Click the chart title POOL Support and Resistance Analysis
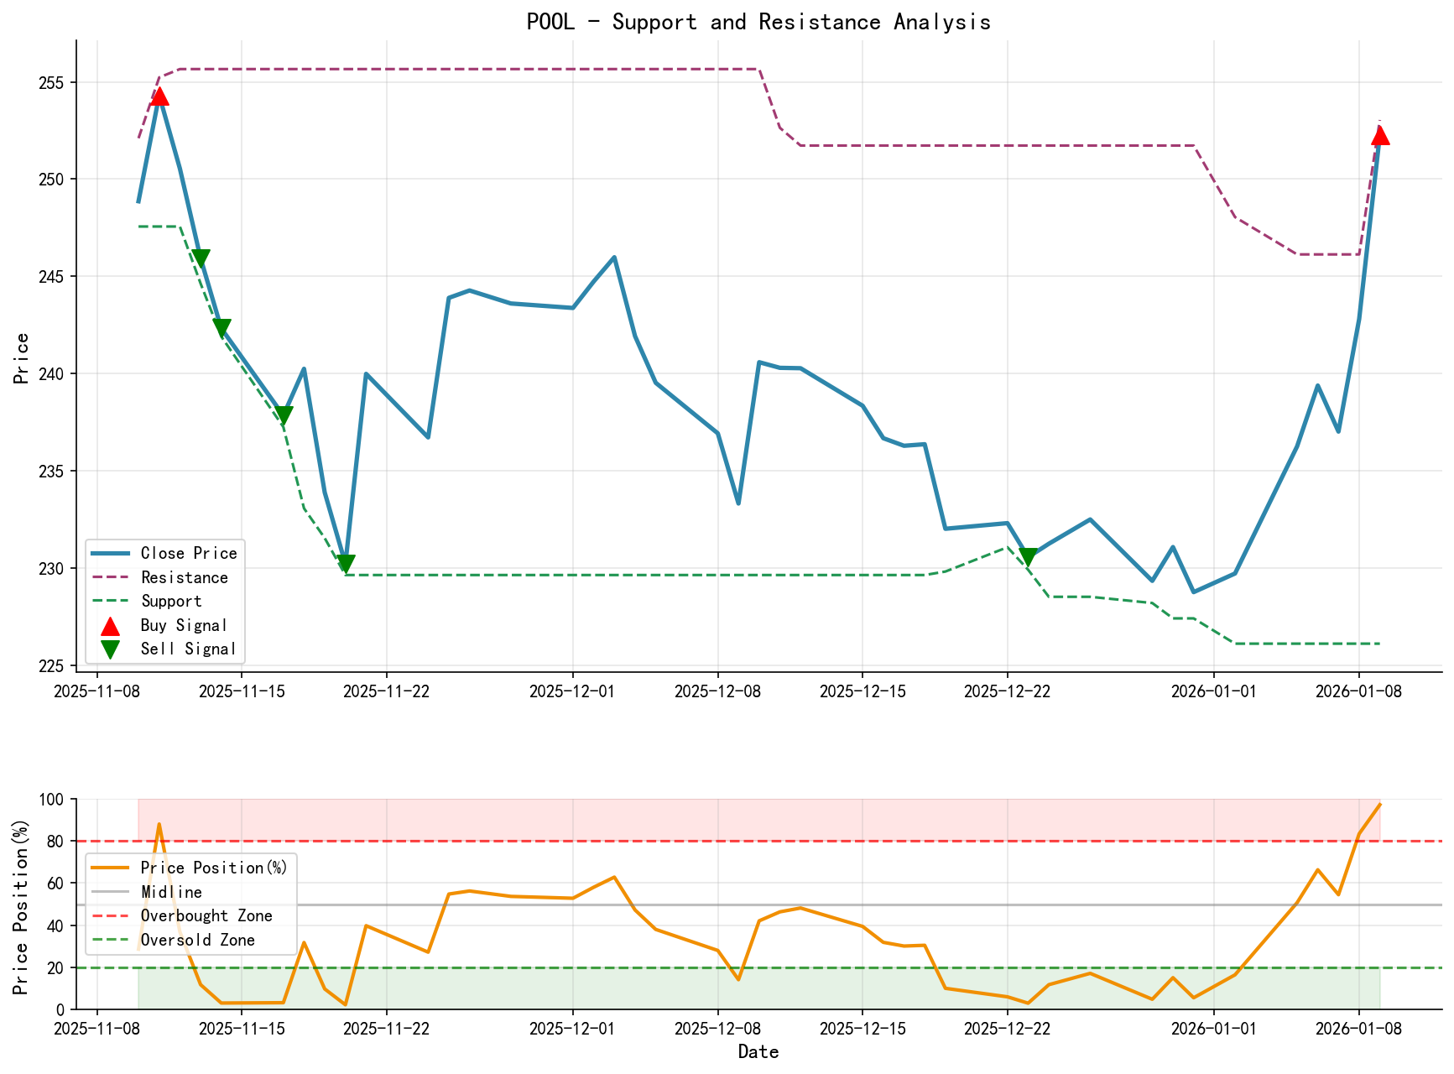pyautogui.click(x=758, y=22)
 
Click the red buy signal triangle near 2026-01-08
pyautogui.click(x=1379, y=135)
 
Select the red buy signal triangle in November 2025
pyautogui.click(x=159, y=96)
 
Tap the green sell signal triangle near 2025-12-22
pyautogui.click(x=1028, y=557)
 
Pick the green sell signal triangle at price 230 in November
pyautogui.click(x=346, y=563)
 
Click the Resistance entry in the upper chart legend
pyautogui.click(x=184, y=577)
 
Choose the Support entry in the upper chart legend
pyautogui.click(x=171, y=601)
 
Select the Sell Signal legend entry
pyautogui.click(x=188, y=649)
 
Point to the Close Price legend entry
pyautogui.click(x=189, y=553)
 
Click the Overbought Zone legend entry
pyautogui.click(x=206, y=915)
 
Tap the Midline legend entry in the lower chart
pyautogui.click(x=171, y=892)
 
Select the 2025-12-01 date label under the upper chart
pyautogui.click(x=572, y=691)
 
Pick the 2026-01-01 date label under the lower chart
pyautogui.click(x=1214, y=1029)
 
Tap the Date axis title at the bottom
pyautogui.click(x=758, y=1052)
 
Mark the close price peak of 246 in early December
pyautogui.click(x=613, y=258)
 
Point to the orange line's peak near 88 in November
pyautogui.click(x=159, y=824)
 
